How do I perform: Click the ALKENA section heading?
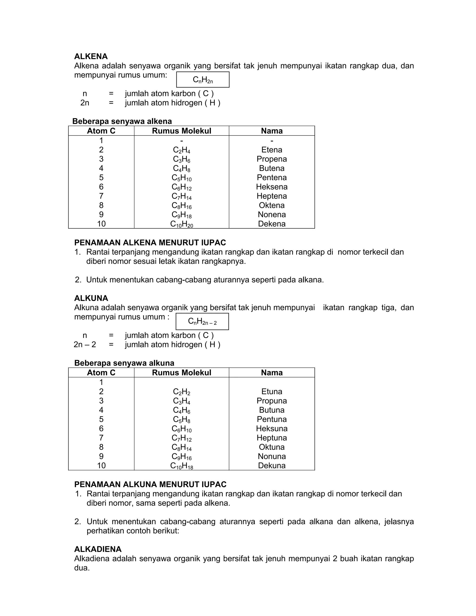(x=91, y=56)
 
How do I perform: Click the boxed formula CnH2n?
(x=203, y=80)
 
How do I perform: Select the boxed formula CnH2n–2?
(x=202, y=321)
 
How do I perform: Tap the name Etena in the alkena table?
(x=271, y=150)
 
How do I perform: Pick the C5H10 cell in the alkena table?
(x=181, y=178)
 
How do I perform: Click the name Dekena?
(x=271, y=224)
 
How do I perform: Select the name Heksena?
(x=271, y=187)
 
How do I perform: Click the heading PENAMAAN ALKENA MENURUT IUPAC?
(x=150, y=242)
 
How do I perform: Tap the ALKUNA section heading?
(x=91, y=298)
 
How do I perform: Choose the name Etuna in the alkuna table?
(x=271, y=391)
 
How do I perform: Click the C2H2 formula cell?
(x=181, y=392)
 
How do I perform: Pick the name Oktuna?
(x=271, y=447)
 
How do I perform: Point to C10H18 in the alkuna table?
(x=181, y=466)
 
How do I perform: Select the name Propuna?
(x=271, y=401)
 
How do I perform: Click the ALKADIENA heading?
(x=98, y=549)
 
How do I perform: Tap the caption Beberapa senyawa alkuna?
(x=124, y=363)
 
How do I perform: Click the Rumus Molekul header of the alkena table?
(x=181, y=131)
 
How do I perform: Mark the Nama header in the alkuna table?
(x=271, y=373)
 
